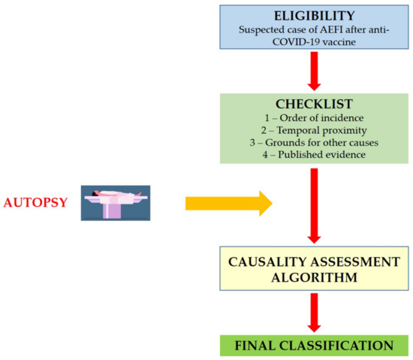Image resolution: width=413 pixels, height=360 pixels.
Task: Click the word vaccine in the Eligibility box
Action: click(x=331, y=43)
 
